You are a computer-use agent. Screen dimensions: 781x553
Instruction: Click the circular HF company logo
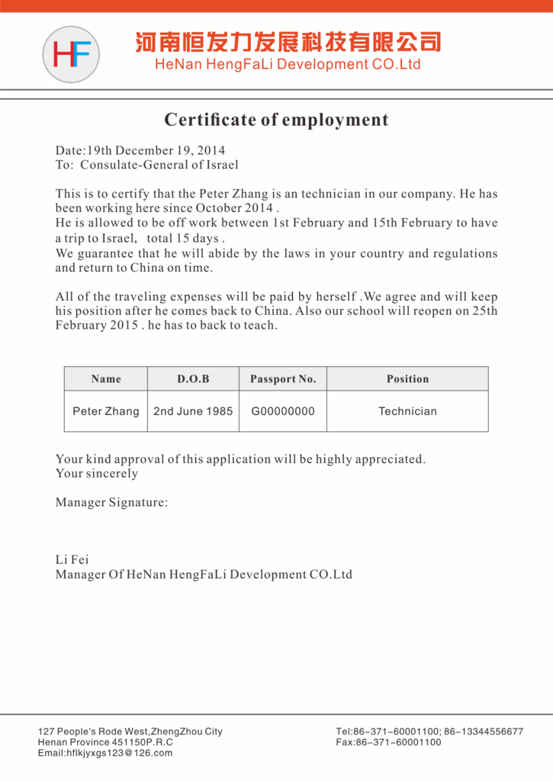point(71,54)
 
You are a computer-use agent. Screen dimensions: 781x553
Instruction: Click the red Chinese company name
point(288,41)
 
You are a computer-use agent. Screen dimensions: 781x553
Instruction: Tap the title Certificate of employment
point(276,120)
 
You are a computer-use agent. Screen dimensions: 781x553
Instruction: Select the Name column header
point(106,379)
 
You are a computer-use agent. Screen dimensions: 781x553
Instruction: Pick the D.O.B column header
point(193,379)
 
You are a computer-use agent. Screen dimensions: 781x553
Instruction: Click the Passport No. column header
point(283,379)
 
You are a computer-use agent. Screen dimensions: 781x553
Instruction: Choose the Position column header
point(407,379)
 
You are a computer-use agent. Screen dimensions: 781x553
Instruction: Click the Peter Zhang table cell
point(106,411)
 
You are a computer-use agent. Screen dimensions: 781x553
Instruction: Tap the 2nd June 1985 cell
point(193,411)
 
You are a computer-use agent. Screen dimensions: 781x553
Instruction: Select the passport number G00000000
point(283,411)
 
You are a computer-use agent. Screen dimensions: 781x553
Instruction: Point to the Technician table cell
point(407,411)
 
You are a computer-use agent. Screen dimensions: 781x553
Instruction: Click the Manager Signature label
point(111,503)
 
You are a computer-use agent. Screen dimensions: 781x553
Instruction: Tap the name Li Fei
point(72,560)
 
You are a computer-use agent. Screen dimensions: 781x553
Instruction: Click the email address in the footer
point(105,753)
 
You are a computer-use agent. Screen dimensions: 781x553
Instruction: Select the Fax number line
point(388,742)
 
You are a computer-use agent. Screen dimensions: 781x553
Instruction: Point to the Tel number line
point(429,731)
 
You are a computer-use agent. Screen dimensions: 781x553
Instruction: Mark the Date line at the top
point(140,150)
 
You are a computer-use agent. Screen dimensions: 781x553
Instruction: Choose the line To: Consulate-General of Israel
point(146,164)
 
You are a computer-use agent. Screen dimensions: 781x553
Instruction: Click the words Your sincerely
point(97,474)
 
